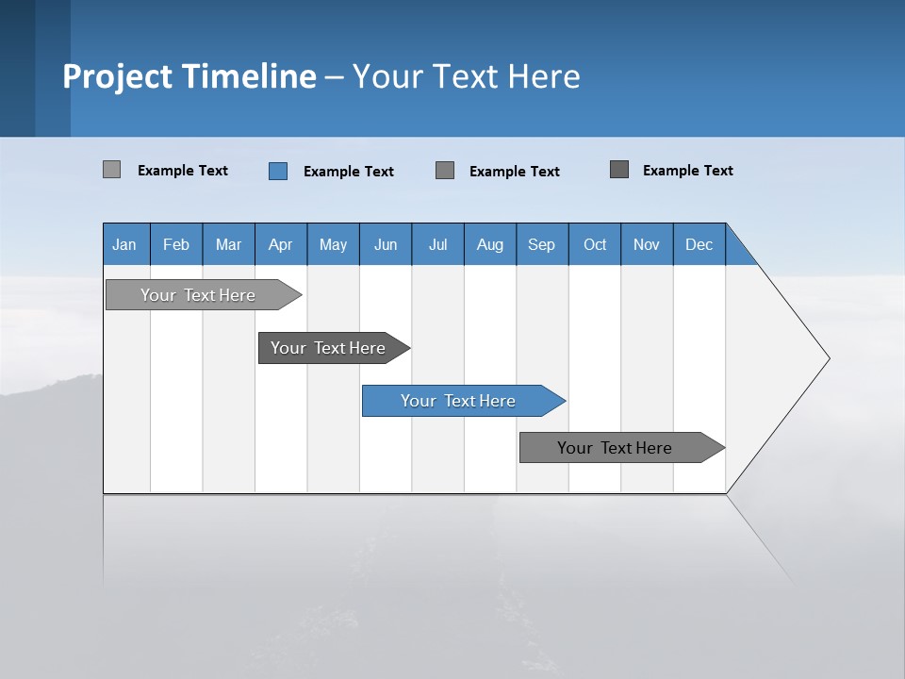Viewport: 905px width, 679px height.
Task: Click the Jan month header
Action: (x=125, y=244)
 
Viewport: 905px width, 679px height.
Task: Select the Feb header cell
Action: (x=176, y=244)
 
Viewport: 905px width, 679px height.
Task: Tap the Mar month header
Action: (x=228, y=244)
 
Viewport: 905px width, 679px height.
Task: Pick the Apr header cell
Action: (x=281, y=244)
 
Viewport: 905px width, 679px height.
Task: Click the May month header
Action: (x=333, y=244)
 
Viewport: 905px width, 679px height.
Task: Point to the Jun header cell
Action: (x=386, y=244)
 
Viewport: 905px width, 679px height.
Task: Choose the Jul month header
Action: (x=437, y=244)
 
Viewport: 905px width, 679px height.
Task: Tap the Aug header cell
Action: (x=490, y=244)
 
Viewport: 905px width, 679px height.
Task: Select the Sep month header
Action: (x=542, y=244)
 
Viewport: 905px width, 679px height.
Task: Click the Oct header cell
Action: (x=595, y=244)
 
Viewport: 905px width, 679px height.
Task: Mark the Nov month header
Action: (x=647, y=244)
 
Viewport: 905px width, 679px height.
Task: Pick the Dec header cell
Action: (x=699, y=244)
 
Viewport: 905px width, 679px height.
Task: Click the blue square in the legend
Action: (x=278, y=171)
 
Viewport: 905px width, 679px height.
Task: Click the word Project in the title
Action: (x=118, y=76)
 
